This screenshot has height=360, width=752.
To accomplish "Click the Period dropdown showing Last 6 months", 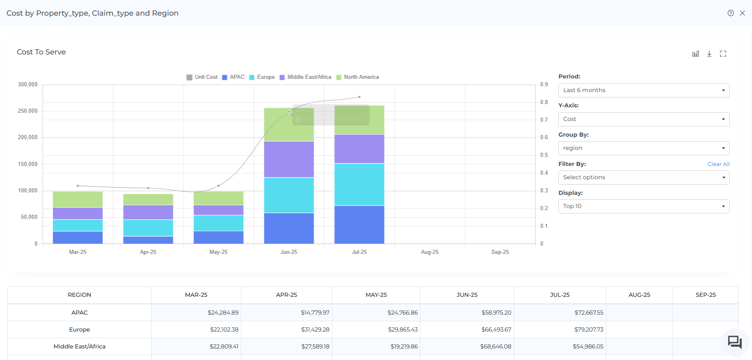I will click(643, 90).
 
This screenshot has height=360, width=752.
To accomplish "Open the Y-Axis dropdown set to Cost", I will click(643, 119).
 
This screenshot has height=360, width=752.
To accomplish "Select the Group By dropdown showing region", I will click(643, 148).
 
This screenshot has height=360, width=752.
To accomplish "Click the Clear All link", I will click(718, 164).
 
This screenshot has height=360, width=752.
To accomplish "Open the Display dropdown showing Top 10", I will click(643, 206).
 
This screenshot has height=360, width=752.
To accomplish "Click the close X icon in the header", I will click(742, 13).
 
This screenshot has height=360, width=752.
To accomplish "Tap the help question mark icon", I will click(731, 13).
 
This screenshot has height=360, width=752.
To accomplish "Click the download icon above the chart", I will click(709, 54).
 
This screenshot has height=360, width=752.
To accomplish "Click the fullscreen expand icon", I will click(723, 54).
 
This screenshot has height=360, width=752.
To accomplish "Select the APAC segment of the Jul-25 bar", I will click(359, 224).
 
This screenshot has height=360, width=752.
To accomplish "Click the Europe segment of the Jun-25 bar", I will click(289, 195).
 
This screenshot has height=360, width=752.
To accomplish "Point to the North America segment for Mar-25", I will click(78, 199).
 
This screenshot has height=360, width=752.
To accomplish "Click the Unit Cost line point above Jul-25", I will click(359, 97).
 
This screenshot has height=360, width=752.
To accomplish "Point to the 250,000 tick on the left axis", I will click(28, 111).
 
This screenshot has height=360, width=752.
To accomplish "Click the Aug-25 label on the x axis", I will click(429, 252).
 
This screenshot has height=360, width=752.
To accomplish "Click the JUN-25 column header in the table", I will click(467, 295).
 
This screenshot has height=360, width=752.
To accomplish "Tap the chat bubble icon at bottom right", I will click(735, 342).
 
